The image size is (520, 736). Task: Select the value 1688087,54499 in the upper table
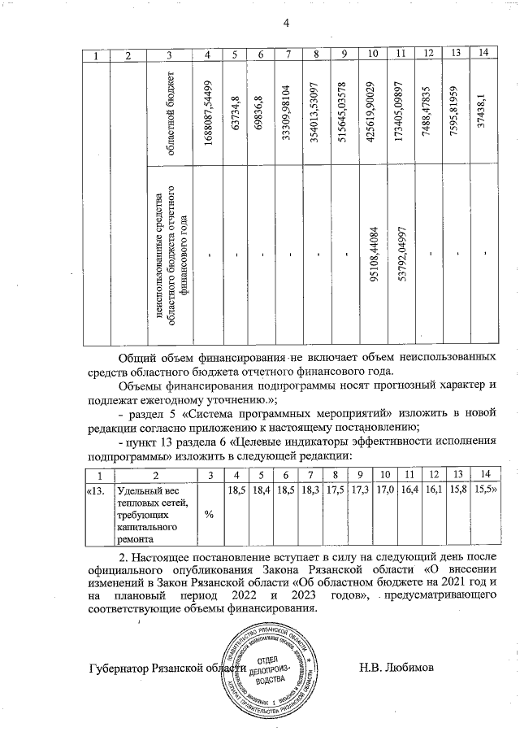[209, 110]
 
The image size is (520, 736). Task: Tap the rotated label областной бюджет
[168, 111]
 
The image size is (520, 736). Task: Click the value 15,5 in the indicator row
[484, 490]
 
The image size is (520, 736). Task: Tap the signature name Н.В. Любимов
[395, 668]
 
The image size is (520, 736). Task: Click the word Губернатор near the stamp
[121, 668]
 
